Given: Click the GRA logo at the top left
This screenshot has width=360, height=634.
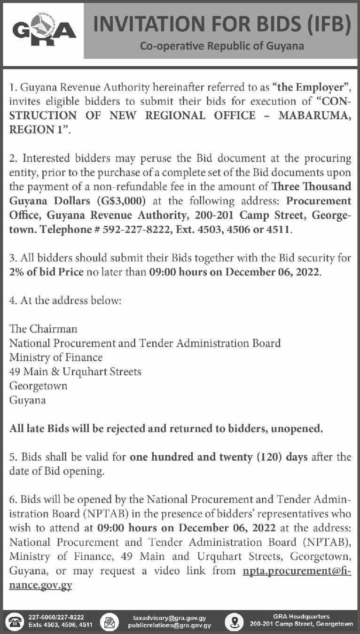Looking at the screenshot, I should tap(44, 31).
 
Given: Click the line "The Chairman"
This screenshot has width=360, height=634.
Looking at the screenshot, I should tap(43, 328).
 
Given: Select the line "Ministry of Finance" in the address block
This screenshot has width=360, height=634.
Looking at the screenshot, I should tap(56, 357).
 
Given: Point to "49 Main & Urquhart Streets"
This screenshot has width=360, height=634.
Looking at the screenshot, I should tap(75, 372).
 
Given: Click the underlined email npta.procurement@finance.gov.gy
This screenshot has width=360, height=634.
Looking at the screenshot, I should tap(297, 572).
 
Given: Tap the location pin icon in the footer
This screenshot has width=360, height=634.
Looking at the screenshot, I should tap(234, 621).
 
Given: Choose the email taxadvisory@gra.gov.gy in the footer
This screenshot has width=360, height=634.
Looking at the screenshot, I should tap(169, 618).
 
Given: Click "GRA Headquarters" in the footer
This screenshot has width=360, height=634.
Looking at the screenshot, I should tap(301, 617).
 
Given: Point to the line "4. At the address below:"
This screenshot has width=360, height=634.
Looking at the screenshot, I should tap(65, 300).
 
